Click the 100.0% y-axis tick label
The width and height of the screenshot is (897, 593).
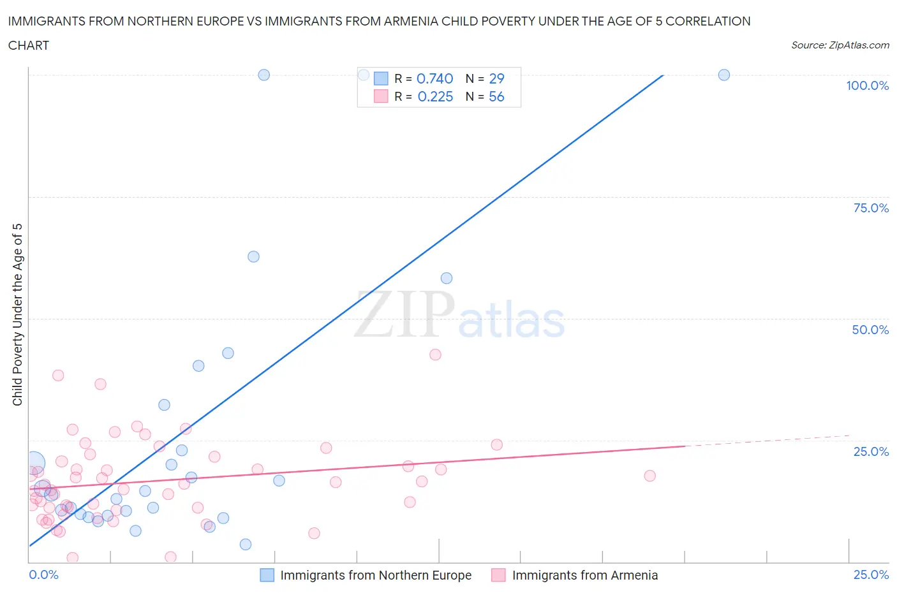tap(867, 85)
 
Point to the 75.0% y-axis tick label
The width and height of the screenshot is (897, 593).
tap(871, 208)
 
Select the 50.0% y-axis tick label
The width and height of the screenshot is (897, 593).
tap(870, 330)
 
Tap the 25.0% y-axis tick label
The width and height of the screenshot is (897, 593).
tap(871, 451)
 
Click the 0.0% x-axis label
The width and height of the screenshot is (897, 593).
tap(43, 575)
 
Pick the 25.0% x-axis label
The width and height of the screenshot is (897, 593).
tap(871, 575)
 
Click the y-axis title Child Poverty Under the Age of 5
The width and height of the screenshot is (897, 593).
tap(18, 314)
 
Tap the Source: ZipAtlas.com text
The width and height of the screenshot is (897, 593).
tap(840, 45)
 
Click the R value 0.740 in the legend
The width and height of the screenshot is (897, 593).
tap(434, 78)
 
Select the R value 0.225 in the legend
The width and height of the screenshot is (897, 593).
tap(435, 96)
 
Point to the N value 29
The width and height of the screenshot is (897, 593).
tap(496, 78)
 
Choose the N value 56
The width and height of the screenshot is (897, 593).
tap(496, 96)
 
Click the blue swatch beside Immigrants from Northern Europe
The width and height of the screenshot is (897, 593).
tap(267, 575)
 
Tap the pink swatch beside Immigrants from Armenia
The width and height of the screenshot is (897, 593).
tap(498, 575)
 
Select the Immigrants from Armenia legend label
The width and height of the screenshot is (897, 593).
tap(584, 575)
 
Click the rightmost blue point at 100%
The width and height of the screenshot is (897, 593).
tap(724, 75)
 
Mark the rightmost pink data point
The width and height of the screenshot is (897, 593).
tap(649, 476)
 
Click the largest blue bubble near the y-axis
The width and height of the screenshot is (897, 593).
tap(34, 463)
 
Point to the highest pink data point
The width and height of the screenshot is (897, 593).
tap(435, 355)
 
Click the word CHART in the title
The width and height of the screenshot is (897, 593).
tap(29, 45)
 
